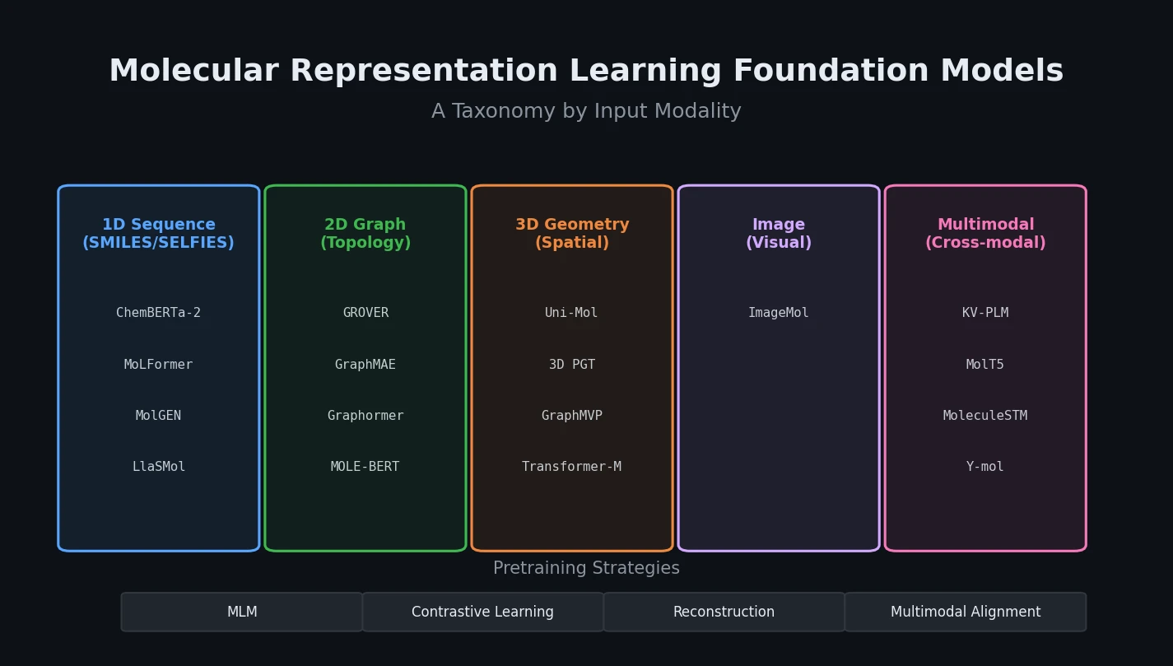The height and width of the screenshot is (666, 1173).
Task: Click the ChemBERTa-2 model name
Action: (158, 313)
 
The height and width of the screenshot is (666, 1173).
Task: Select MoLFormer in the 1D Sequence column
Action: (158, 365)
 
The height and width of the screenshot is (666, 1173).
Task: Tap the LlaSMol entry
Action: (158, 467)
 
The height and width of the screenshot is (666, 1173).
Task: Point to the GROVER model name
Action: (365, 313)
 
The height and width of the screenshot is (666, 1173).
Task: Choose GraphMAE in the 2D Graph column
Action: (365, 365)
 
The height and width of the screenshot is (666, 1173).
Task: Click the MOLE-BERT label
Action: (365, 467)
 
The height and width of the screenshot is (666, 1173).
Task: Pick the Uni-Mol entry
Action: (571, 313)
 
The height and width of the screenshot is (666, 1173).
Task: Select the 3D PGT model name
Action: (571, 365)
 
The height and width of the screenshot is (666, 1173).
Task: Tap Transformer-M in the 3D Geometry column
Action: (571, 467)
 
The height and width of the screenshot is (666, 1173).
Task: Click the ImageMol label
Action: (778, 313)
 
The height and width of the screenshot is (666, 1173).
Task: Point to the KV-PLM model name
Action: (984, 313)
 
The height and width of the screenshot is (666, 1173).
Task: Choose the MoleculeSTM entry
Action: (984, 416)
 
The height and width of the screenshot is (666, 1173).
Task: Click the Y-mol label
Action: (984, 467)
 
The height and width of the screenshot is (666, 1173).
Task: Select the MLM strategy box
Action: (242, 612)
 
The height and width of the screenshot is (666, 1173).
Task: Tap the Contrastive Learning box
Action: (482, 612)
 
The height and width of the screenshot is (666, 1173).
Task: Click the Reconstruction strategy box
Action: (724, 612)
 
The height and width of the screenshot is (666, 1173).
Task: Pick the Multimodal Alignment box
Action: (965, 612)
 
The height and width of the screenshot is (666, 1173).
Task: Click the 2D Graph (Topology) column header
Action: (365, 234)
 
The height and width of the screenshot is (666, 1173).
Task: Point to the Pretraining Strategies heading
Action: (586, 569)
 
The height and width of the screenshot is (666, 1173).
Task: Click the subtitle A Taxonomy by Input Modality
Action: (586, 111)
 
